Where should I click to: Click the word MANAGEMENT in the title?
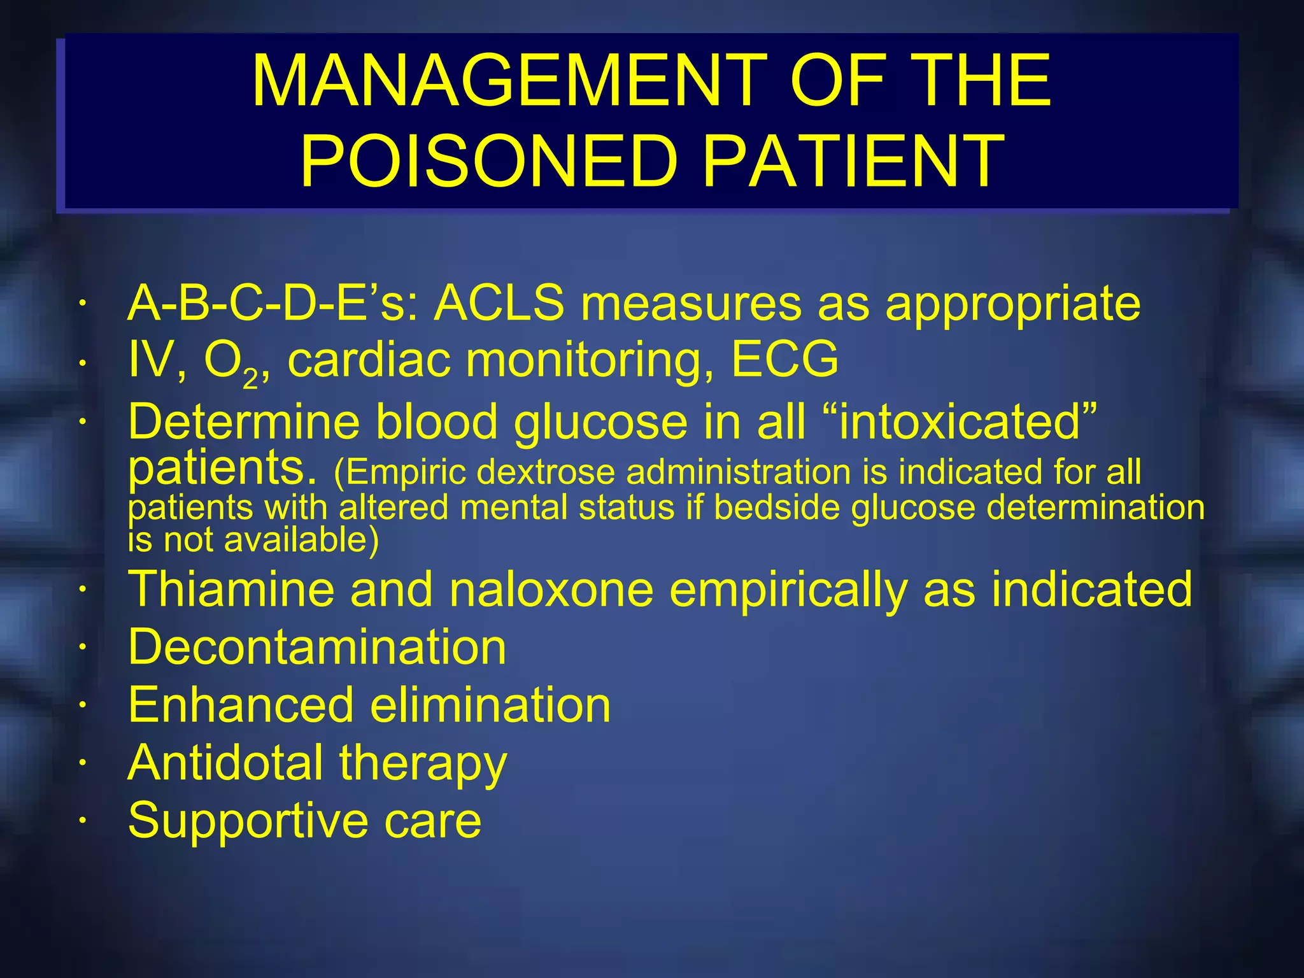pos(509,81)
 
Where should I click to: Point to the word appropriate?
pos(1012,304)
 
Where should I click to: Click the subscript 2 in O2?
pos(250,379)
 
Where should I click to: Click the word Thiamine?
pos(231,589)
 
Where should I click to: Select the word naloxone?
pos(551,589)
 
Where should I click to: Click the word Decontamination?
pos(317,647)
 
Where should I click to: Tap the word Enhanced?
pos(241,705)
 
